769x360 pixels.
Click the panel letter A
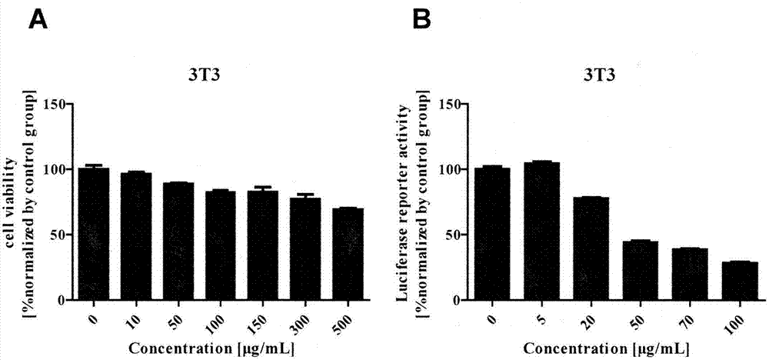(39, 19)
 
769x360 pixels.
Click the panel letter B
(422, 19)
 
